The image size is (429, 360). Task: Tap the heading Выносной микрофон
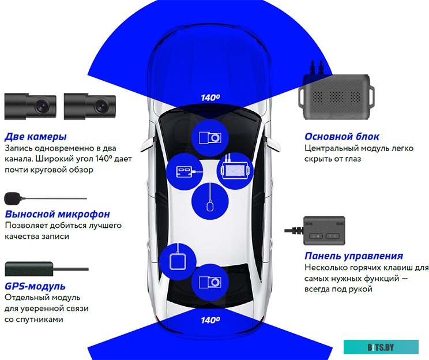click(57, 214)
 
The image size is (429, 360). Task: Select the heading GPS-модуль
click(35, 286)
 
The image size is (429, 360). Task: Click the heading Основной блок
click(342, 137)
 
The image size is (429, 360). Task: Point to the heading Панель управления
click(353, 256)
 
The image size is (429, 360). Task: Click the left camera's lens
click(42, 106)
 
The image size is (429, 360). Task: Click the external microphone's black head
click(12, 198)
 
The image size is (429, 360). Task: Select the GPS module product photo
click(29, 268)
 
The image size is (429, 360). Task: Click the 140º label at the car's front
click(210, 98)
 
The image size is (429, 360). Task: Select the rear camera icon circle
click(209, 282)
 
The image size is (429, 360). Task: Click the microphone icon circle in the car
click(210, 201)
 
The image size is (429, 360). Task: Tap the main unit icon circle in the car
click(235, 170)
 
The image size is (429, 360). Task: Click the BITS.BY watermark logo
click(381, 346)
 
